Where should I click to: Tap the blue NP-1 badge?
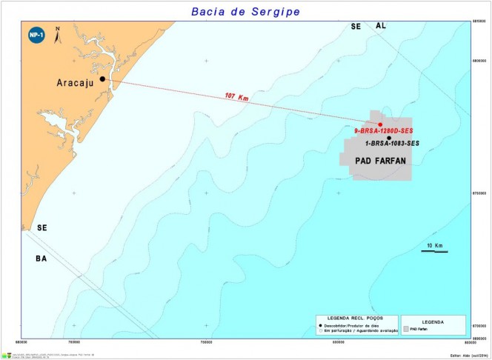pos(34,35)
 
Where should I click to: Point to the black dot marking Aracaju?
pos(102,79)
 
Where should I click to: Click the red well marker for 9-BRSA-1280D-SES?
pos(380,124)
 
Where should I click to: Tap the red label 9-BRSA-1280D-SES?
pos(379,131)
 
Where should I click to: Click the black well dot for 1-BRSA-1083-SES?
pos(389,138)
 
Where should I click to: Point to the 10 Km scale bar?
pos(434,250)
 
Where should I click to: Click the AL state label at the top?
pos(381,26)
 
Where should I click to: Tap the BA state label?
pos(41,259)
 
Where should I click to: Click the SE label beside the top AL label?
pos(356,26)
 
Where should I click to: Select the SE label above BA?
pos(41,228)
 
